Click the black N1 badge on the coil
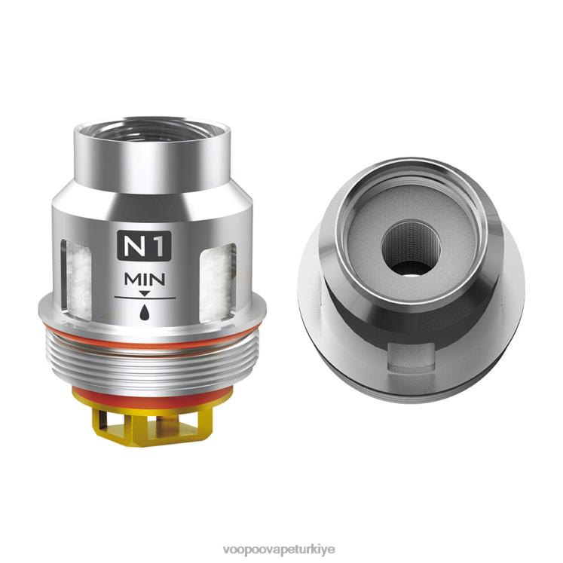[x=145, y=246]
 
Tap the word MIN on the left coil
[x=145, y=280]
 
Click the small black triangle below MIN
[x=145, y=293]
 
